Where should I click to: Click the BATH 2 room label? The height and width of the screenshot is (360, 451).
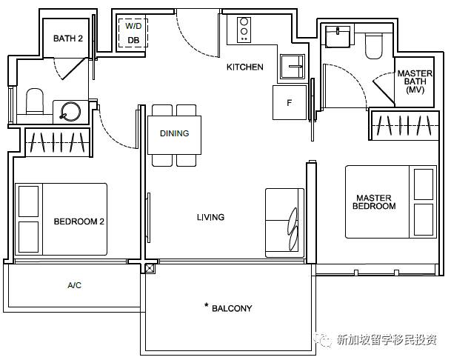coord(68,39)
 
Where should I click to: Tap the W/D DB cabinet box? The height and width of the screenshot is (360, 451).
coord(133,33)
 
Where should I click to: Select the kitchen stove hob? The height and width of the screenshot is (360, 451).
coord(244,30)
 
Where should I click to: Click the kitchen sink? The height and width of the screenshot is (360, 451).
coord(293,67)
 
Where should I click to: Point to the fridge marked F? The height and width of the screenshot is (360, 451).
coord(290,102)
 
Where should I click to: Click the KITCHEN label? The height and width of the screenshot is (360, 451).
coord(245,67)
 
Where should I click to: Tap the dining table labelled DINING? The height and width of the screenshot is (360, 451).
coord(174,135)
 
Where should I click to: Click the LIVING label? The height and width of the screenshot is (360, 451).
coord(210,217)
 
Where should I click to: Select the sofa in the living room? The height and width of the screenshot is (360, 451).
coord(285,223)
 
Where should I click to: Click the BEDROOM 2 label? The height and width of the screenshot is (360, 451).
coord(78,221)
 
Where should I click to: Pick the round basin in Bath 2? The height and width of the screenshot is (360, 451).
coord(70,111)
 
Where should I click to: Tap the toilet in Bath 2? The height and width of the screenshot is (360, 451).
coord(35,101)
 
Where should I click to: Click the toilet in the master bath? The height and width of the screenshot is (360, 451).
coord(374,46)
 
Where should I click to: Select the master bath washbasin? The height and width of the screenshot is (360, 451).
coord(338,36)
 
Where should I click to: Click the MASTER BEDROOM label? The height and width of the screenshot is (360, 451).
coord(374,201)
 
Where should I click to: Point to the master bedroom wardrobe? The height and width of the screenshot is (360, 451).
coord(404,125)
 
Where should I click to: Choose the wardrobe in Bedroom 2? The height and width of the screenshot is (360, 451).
coord(58,142)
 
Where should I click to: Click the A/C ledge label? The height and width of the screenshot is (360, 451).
coord(75,285)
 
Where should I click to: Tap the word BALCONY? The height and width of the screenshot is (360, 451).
coord(232,308)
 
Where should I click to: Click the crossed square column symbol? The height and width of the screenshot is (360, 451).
coord(150,268)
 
